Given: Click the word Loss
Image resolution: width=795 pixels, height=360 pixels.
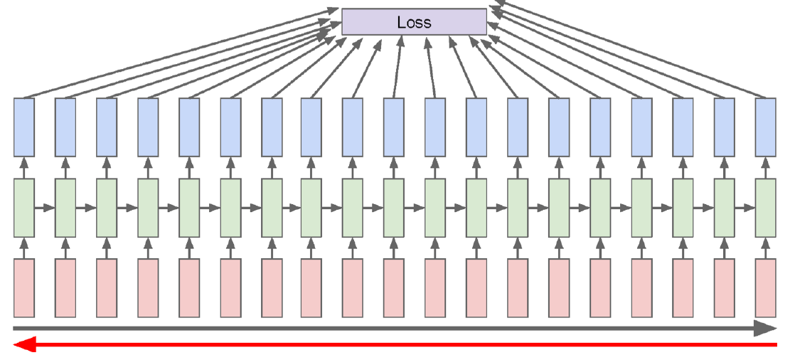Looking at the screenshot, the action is (415, 22).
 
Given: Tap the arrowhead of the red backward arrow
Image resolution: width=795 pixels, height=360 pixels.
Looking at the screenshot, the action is (24, 345).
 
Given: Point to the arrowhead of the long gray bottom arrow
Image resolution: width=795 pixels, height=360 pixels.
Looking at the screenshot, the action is (765, 329).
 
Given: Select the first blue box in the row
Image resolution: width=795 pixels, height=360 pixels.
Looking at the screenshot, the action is (24, 127).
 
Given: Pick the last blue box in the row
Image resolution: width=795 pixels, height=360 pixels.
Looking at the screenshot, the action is (766, 127).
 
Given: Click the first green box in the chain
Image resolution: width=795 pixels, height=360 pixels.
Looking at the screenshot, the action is (24, 207).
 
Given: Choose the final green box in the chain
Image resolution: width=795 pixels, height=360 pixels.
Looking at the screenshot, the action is (766, 207).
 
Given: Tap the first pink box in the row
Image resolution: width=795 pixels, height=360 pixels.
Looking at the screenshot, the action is (24, 288).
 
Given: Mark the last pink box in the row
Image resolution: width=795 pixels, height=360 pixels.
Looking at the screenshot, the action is (766, 288).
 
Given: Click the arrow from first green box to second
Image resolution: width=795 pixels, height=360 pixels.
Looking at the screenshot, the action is (45, 207).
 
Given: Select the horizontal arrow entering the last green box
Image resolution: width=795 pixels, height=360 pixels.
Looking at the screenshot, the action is (745, 207).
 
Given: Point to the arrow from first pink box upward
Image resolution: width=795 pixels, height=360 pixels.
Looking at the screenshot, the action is (24, 248).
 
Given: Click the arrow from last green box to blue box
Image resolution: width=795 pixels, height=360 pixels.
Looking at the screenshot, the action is (766, 167).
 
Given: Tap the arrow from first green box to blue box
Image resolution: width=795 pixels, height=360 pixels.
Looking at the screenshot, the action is (24, 167).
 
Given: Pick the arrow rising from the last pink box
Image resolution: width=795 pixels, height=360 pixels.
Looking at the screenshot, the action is (766, 248).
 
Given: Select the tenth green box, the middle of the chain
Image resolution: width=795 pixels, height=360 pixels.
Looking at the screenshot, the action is (394, 207).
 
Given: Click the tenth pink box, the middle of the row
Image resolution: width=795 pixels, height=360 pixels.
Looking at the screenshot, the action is (394, 288).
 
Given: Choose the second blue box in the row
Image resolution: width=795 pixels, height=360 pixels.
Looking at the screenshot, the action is (65, 127).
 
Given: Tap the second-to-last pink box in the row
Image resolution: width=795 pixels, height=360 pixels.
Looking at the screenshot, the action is (725, 288).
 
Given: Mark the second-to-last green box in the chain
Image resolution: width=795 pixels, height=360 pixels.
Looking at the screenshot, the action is (725, 207).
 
